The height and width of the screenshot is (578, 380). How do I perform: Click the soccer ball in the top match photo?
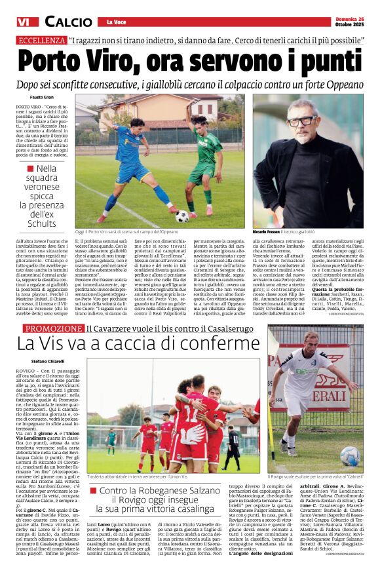click(182, 216)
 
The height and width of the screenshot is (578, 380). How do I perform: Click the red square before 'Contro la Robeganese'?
click(94, 490)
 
